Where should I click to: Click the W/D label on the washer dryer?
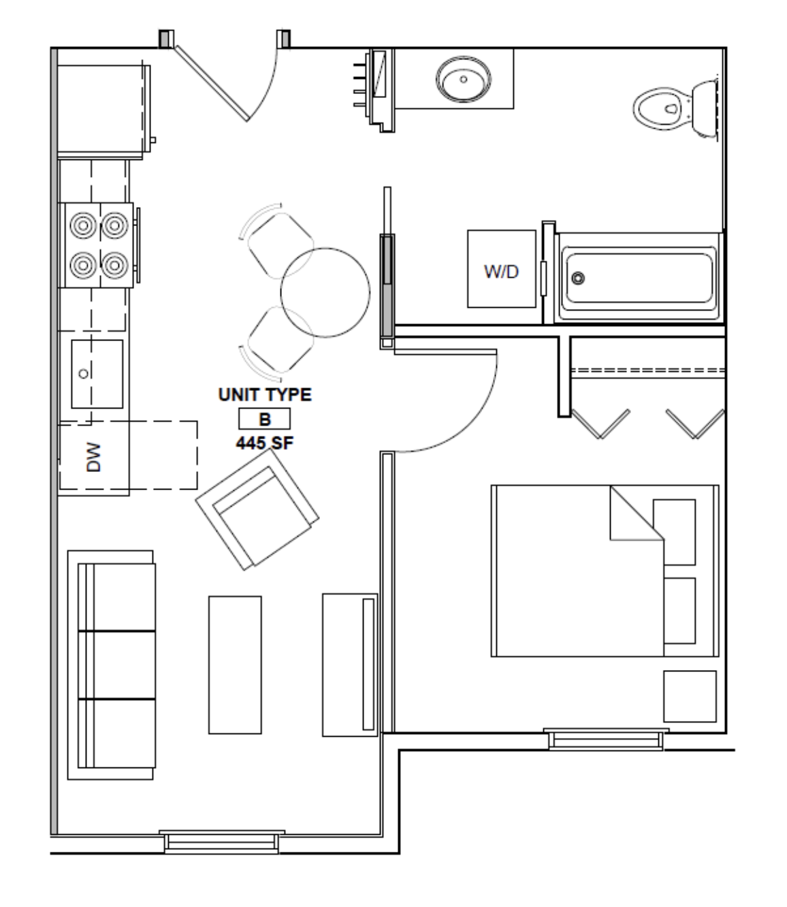[x=501, y=272]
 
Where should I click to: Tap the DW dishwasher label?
[x=93, y=457]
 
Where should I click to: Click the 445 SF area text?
[x=265, y=443]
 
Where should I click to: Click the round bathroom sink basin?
[x=463, y=80]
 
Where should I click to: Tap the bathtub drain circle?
[x=579, y=278]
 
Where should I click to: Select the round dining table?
[x=325, y=292]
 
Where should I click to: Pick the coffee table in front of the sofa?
[x=234, y=665]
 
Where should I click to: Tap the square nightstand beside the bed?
[x=690, y=696]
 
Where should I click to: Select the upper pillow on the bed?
[x=674, y=532]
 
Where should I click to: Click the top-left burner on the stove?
[x=83, y=225]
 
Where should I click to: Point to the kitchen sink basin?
[x=97, y=374]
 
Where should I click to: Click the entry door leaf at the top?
[x=212, y=82]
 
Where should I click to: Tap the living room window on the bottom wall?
[x=222, y=842]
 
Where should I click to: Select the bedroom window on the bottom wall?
[x=605, y=739]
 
